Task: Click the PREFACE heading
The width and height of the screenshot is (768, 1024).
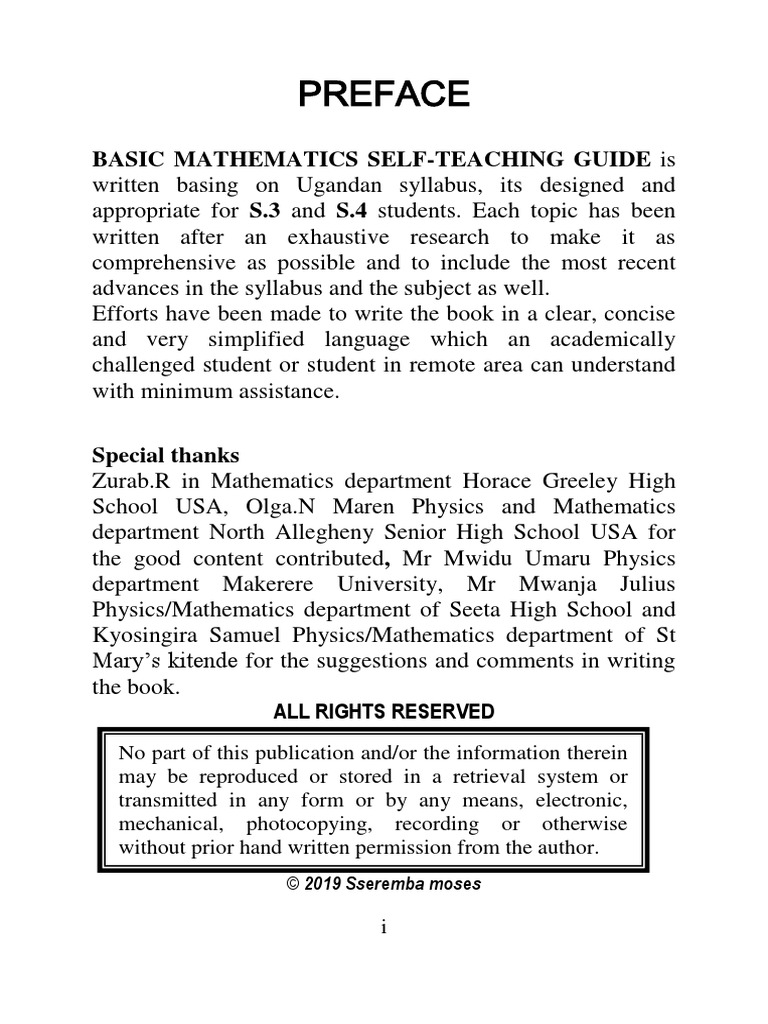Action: tap(384, 94)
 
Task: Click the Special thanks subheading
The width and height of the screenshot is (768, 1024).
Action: tap(165, 455)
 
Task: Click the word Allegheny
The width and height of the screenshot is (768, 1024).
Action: tap(364, 532)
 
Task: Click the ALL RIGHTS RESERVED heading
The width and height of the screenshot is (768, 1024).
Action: tap(384, 712)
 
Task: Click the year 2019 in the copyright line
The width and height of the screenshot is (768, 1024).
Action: tap(324, 885)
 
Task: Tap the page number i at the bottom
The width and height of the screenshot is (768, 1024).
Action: tap(383, 928)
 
